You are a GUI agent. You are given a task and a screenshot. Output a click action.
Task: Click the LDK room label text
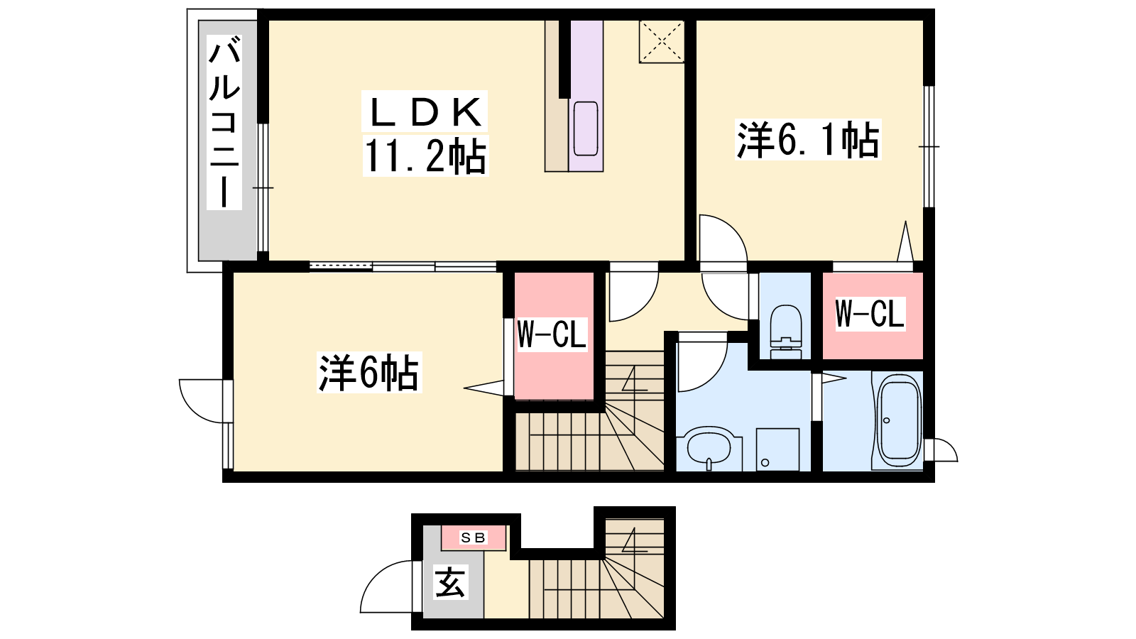tap(425, 111)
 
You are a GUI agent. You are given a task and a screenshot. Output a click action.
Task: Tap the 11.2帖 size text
tap(425, 155)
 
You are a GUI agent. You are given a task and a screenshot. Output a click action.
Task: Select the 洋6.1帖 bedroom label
tap(808, 139)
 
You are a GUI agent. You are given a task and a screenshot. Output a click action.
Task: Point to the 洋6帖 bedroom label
tap(368, 373)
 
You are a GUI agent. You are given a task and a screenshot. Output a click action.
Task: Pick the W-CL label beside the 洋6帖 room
tap(552, 334)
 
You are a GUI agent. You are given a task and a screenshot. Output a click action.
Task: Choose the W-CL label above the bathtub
tap(870, 313)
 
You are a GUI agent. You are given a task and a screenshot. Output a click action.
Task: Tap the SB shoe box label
tap(473, 537)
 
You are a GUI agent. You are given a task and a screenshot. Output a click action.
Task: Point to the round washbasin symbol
tap(709, 448)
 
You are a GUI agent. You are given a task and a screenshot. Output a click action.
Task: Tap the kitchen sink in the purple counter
tap(586, 129)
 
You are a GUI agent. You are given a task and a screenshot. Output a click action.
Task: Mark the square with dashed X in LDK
tap(661, 42)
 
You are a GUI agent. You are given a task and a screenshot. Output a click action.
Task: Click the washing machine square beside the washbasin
tap(778, 449)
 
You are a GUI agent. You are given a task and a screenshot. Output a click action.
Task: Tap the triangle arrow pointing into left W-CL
tap(484, 388)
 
